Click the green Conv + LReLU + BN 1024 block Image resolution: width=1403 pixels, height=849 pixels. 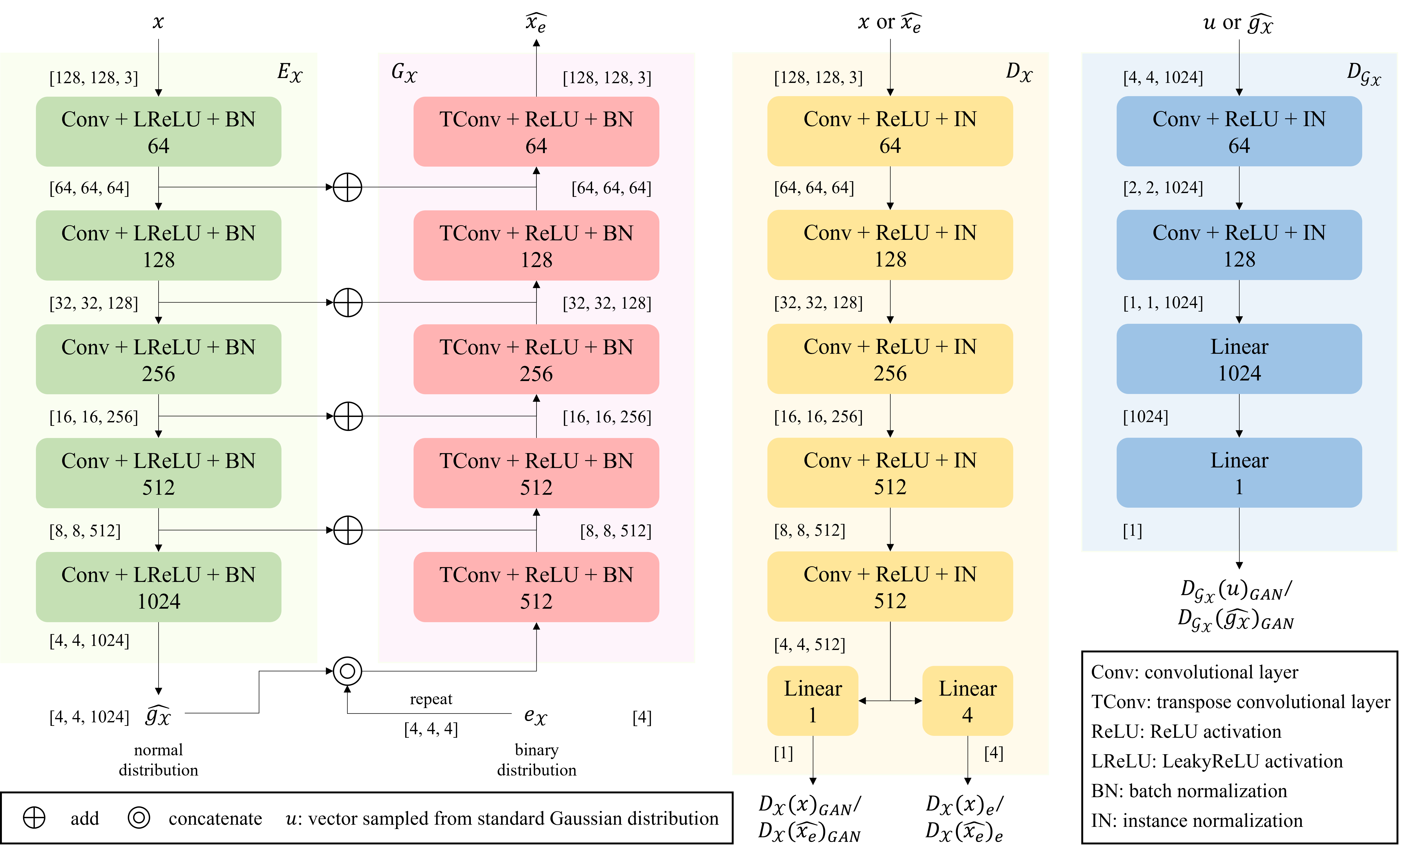158,587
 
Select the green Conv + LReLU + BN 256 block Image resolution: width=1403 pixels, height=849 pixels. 158,359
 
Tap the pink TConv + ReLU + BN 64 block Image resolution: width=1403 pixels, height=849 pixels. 536,132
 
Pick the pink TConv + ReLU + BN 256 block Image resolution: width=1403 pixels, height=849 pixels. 536,359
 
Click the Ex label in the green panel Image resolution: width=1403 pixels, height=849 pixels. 289,73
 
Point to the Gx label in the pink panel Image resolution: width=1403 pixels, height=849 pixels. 404,73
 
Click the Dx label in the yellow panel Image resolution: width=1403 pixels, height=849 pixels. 1018,73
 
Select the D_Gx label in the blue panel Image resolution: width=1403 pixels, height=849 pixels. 1363,74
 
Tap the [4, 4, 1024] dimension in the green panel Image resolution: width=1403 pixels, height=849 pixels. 89,641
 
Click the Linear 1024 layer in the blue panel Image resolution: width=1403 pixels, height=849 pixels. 1239,359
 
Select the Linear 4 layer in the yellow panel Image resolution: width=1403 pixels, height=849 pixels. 967,701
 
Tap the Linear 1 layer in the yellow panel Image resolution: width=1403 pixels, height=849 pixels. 813,701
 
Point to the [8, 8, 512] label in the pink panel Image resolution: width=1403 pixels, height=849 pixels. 616,531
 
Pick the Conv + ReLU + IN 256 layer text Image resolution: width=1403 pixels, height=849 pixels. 890,359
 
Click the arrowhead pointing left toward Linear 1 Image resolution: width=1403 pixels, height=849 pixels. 862,701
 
